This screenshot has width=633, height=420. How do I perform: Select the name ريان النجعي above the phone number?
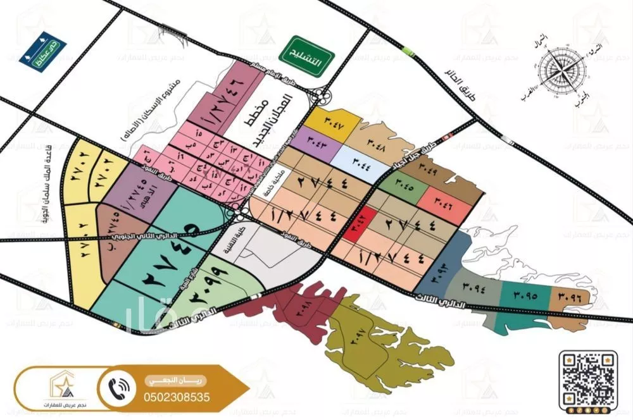coord(164,379)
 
